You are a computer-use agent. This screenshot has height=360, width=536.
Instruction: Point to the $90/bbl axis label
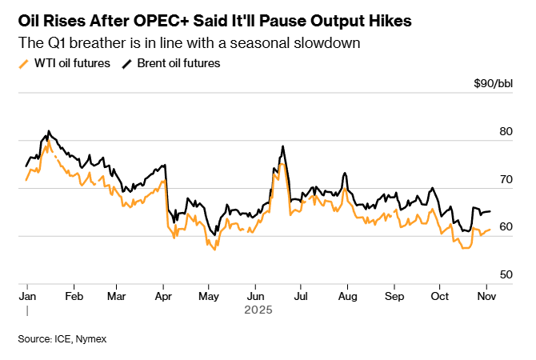click(494, 84)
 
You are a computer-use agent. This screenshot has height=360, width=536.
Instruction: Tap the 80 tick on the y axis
click(505, 132)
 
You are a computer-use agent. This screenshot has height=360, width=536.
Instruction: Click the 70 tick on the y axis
click(505, 180)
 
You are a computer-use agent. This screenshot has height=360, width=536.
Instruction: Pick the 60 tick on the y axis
click(505, 227)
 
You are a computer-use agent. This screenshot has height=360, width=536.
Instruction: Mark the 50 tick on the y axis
click(505, 274)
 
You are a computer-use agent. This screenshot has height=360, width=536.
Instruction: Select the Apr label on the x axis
click(163, 295)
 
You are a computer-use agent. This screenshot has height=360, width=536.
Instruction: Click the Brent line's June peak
click(283, 146)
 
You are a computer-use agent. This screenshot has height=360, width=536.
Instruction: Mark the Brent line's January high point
click(49, 130)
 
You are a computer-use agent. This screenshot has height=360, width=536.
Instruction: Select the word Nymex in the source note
click(90, 339)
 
